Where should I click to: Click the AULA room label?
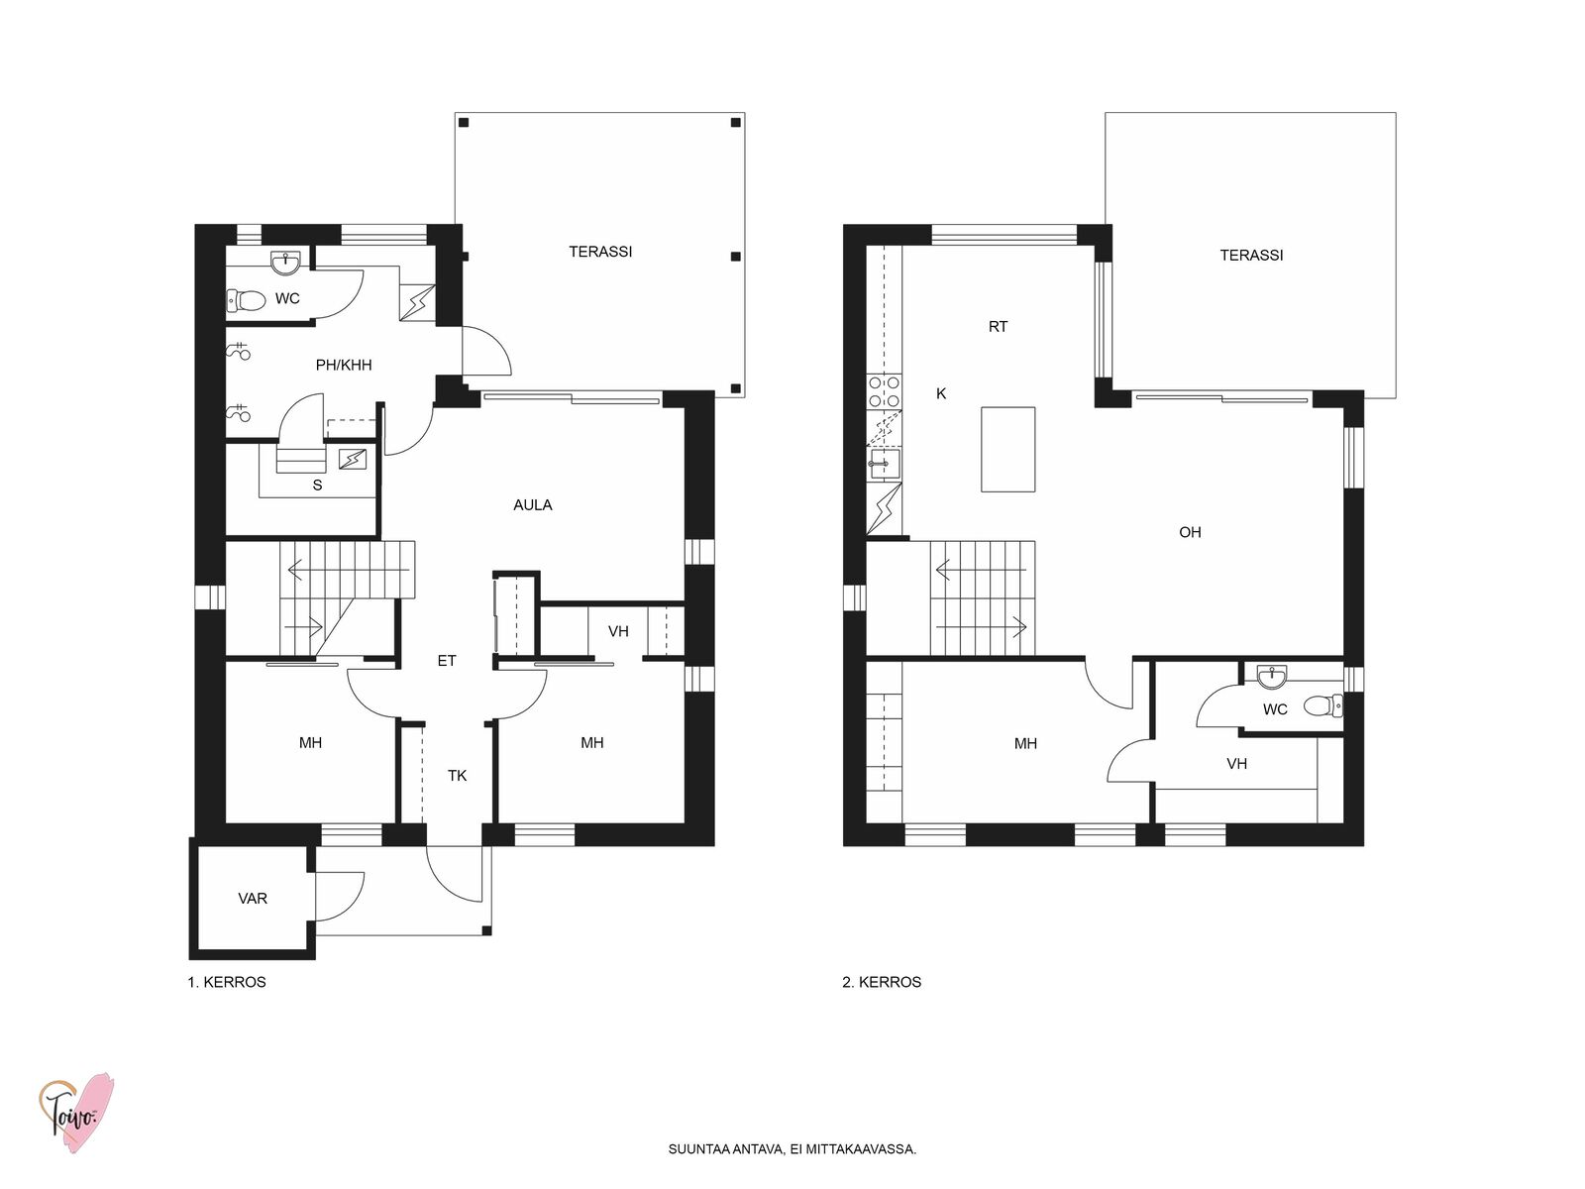(x=532, y=505)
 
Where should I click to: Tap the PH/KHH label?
(x=344, y=366)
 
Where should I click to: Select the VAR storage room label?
(x=253, y=899)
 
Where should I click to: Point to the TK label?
(x=457, y=776)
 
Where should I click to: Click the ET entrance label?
(x=447, y=661)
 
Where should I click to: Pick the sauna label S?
(x=317, y=486)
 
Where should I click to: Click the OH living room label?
(x=1190, y=533)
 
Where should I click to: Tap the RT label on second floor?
(x=998, y=327)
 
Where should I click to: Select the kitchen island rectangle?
(x=1007, y=449)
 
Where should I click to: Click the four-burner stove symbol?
(x=884, y=391)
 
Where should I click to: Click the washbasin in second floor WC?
(x=1271, y=676)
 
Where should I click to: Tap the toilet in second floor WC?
(x=1322, y=705)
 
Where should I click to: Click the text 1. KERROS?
(x=227, y=983)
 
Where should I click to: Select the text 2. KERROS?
(x=882, y=983)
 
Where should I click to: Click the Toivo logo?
(x=76, y=1113)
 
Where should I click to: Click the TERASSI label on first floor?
(x=600, y=252)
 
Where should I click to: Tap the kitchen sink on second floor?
(x=884, y=464)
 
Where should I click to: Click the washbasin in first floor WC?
(x=286, y=263)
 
